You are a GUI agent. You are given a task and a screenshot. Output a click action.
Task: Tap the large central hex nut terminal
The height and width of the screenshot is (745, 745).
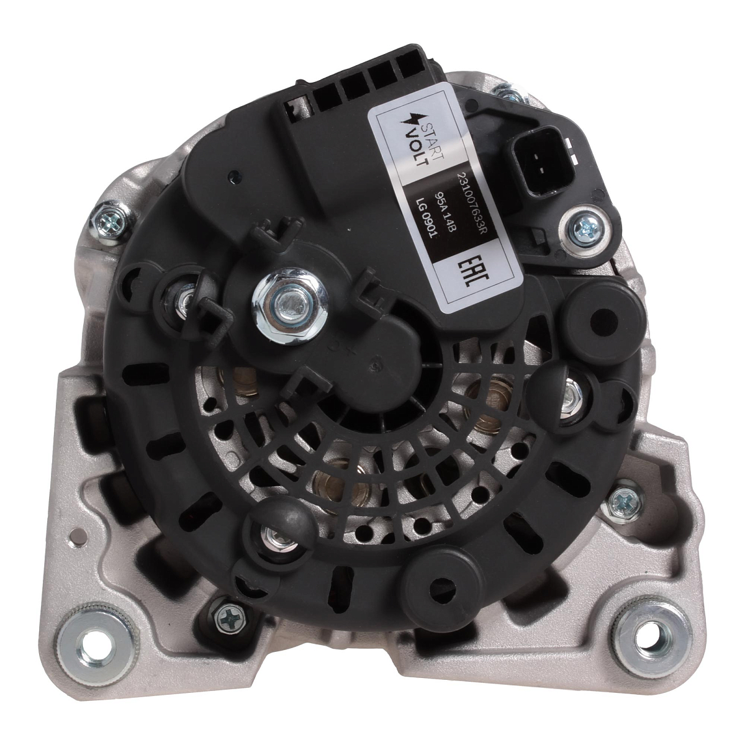[289, 305]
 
